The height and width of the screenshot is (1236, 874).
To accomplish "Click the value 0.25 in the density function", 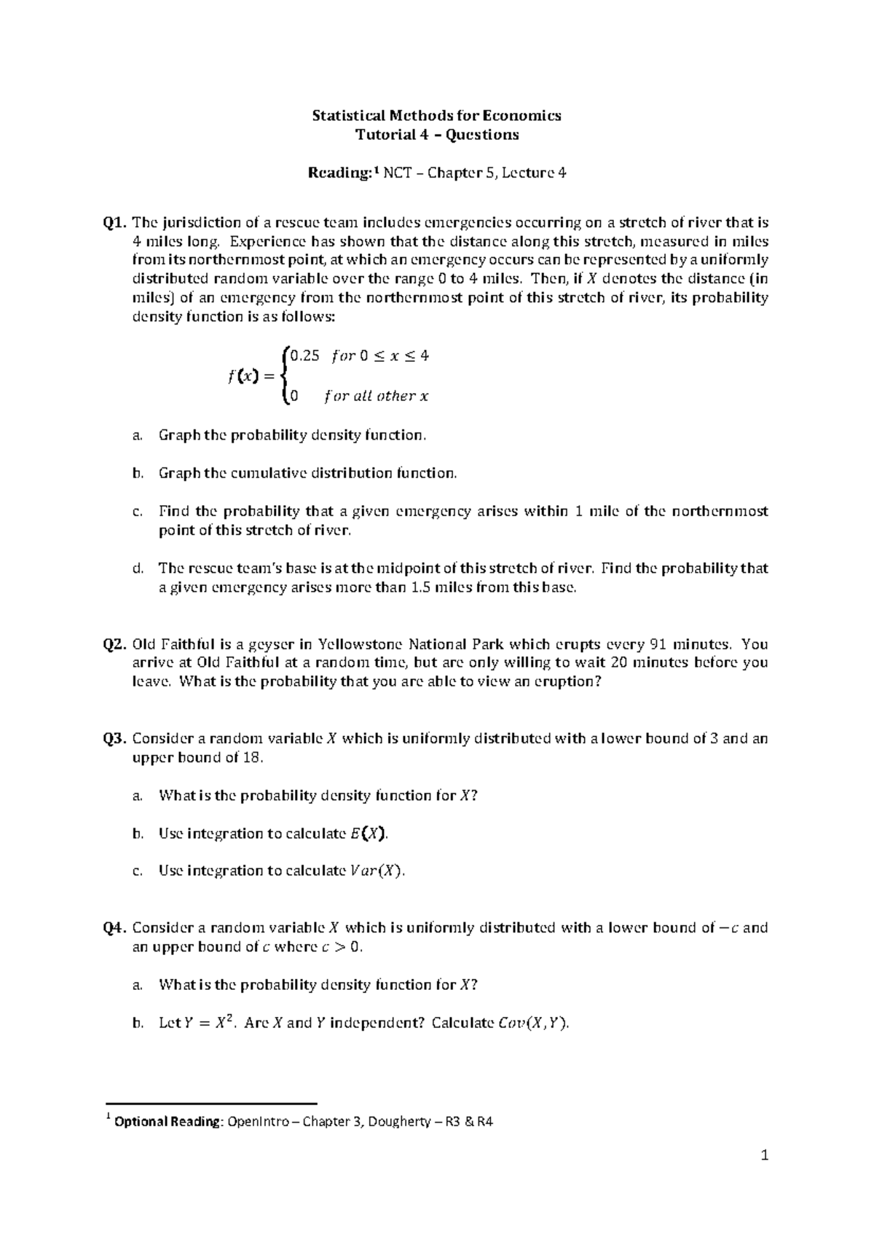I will (304, 356).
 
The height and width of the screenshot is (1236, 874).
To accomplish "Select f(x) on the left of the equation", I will (242, 376).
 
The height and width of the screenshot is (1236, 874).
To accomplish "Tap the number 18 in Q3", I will (250, 758).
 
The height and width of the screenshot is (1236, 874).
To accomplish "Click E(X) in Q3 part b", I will (369, 833).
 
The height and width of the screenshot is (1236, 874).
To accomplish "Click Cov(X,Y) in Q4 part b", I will (532, 1023).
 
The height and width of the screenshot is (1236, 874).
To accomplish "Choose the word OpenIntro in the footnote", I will (260, 1122).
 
